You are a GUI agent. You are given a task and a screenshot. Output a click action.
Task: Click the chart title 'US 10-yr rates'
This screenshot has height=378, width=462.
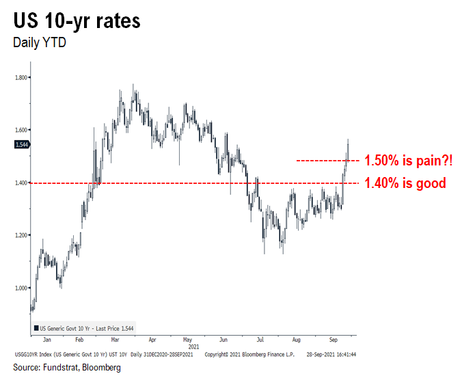[77, 21]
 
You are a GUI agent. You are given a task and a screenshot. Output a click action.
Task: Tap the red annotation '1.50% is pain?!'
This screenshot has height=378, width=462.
[409, 161]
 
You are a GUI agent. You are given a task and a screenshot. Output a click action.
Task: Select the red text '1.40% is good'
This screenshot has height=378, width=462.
[405, 183]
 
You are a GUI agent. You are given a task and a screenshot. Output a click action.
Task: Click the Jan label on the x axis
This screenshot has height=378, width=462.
[46, 339]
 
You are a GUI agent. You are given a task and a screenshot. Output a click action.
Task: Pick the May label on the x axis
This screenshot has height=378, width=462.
[187, 339]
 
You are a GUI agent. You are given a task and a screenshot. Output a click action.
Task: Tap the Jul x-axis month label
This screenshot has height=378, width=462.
[260, 339]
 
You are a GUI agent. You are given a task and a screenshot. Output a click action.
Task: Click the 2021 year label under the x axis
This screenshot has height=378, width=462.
[193, 346]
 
